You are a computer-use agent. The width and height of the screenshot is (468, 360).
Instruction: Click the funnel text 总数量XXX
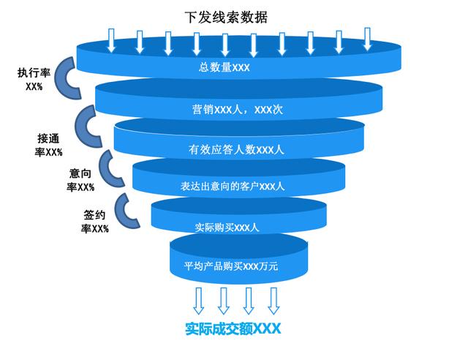click(x=224, y=68)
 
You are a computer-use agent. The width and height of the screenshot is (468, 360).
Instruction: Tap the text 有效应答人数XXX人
click(x=236, y=150)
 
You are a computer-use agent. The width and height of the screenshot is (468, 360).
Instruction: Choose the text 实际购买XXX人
click(x=227, y=227)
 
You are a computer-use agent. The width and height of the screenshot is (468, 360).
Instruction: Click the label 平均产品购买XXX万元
click(x=231, y=266)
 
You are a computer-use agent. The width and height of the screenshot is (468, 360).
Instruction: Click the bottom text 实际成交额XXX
click(x=233, y=329)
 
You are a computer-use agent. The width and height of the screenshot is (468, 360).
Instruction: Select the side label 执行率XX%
click(x=34, y=80)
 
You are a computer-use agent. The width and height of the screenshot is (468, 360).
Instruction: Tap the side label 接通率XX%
click(x=50, y=146)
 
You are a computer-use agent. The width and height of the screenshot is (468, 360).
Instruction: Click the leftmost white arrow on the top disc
click(x=111, y=42)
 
